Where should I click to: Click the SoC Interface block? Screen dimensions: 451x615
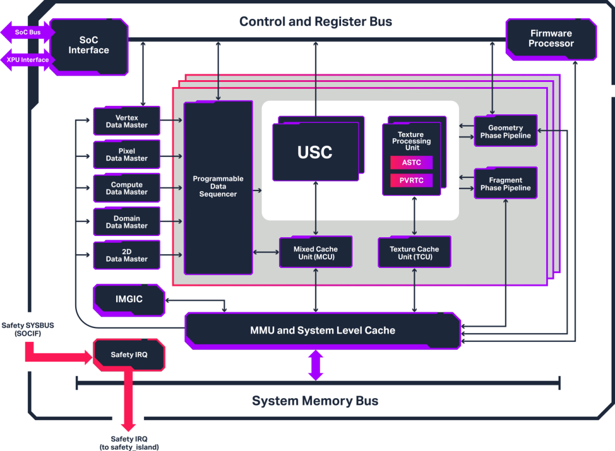[89, 45]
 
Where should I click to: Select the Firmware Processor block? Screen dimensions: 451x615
[551, 39]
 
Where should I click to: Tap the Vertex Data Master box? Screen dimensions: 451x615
[126, 121]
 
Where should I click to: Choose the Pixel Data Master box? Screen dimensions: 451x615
[126, 155]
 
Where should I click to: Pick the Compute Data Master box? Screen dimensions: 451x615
[126, 188]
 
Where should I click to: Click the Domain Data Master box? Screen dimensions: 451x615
[126, 222]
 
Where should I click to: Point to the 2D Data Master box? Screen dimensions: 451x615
[126, 255]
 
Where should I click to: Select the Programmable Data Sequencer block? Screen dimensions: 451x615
[218, 187]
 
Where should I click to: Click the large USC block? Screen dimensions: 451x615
[315, 152]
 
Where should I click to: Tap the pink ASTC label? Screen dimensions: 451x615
[411, 163]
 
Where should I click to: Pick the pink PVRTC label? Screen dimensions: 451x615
[411, 181]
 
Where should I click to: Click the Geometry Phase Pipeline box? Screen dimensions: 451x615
[505, 131]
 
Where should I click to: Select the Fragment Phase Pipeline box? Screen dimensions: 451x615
[505, 184]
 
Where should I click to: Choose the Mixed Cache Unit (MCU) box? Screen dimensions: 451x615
[315, 253]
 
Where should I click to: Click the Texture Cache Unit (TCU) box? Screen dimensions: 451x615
[414, 253]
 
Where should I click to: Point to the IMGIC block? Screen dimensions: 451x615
[129, 300]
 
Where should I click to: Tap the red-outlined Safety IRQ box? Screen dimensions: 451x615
[129, 355]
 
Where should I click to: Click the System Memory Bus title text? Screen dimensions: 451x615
[315, 401]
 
